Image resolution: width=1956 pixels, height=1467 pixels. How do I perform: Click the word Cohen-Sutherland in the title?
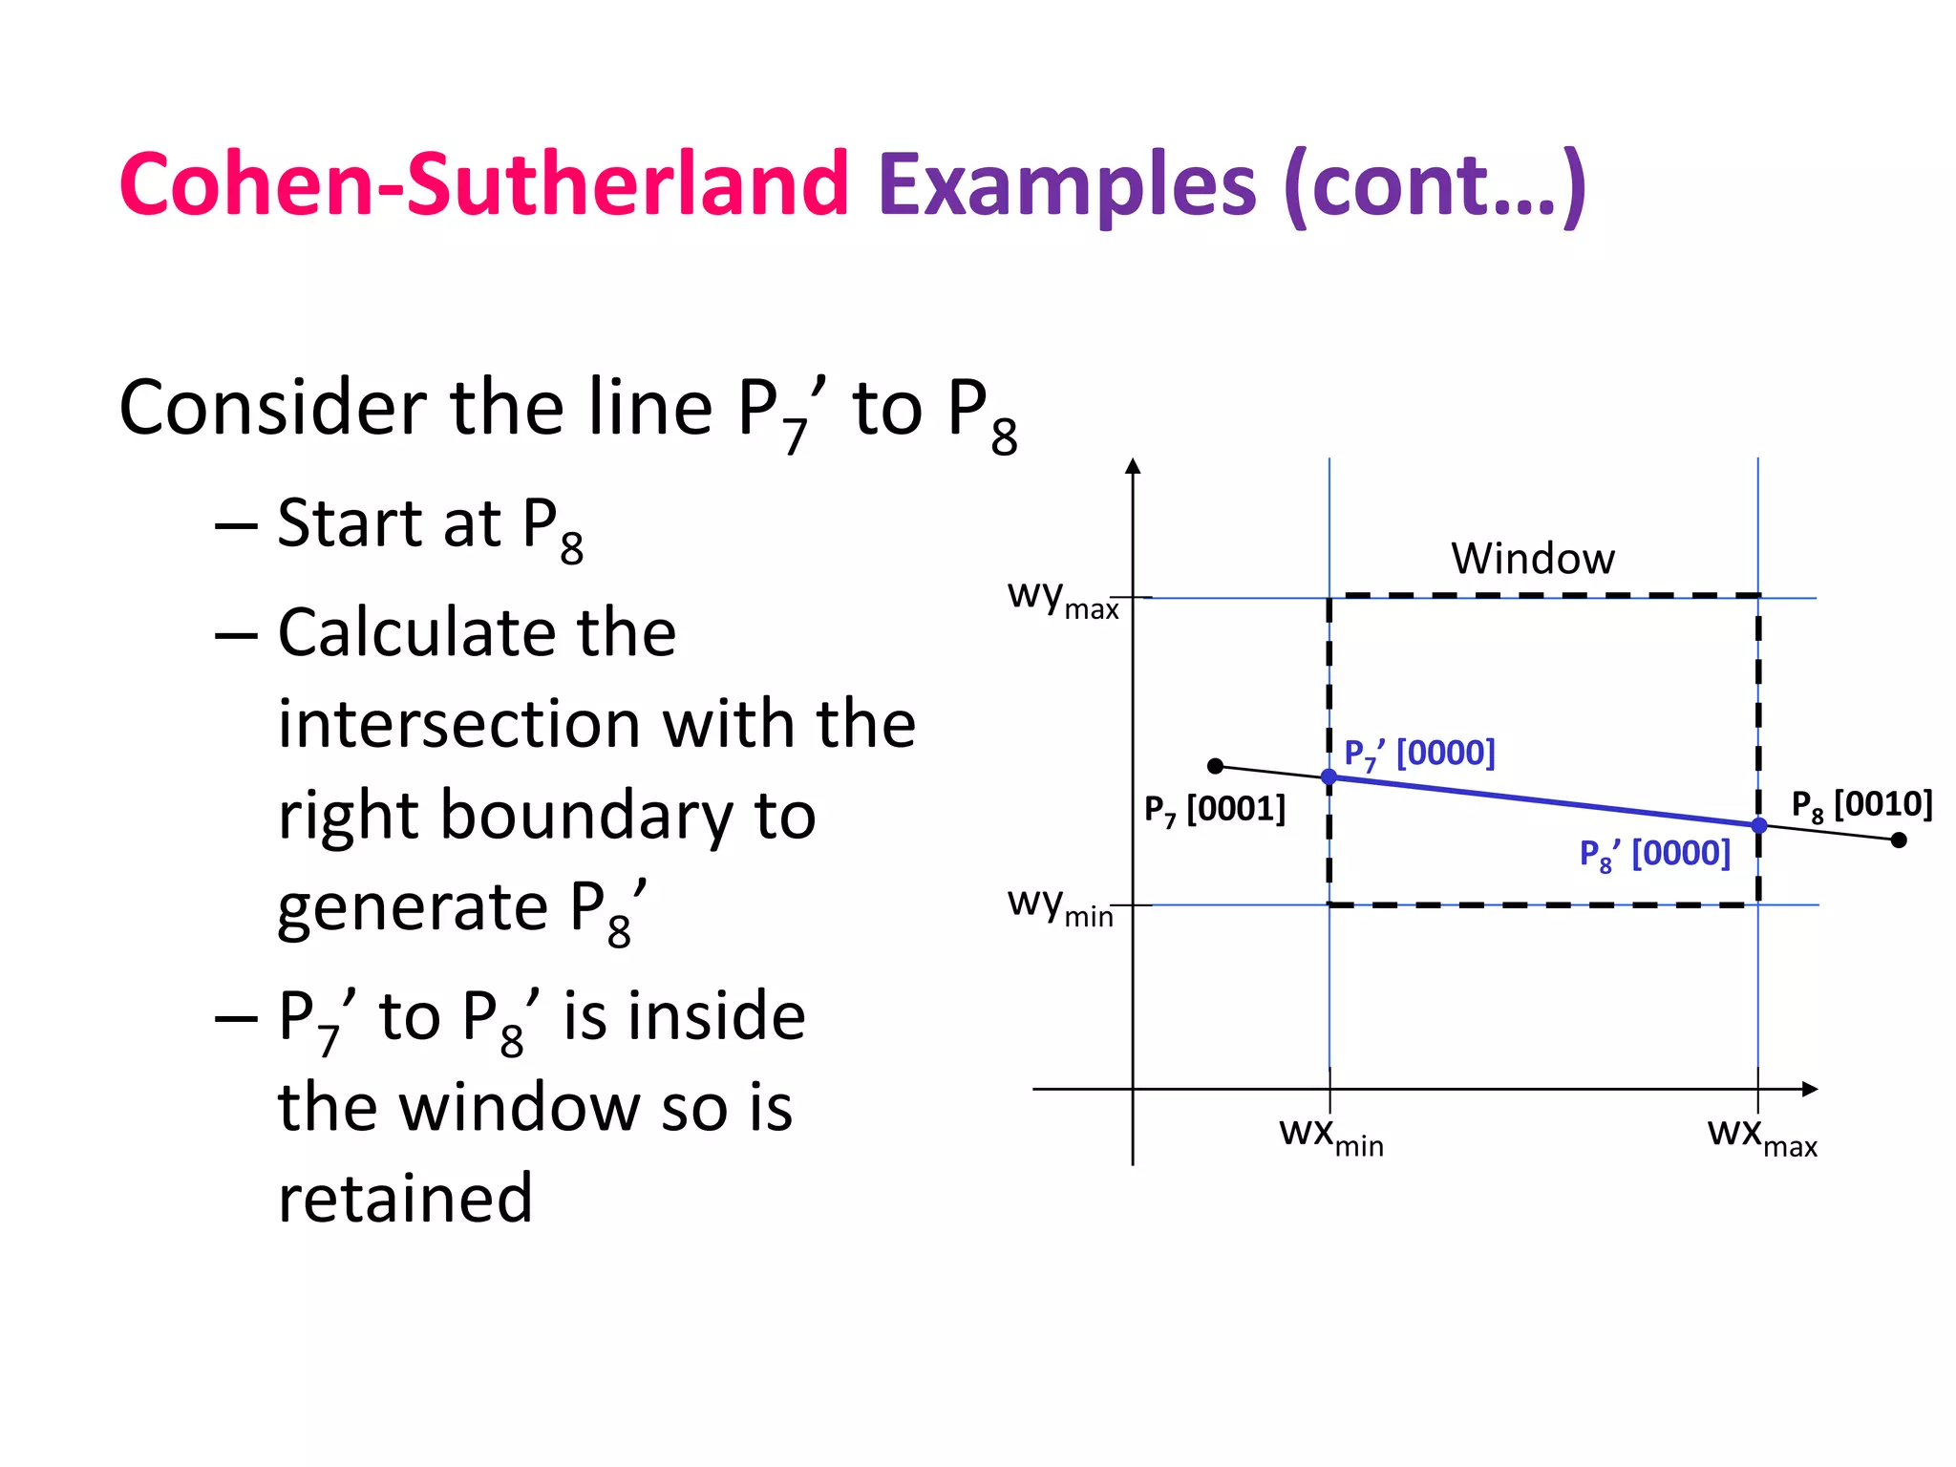[483, 183]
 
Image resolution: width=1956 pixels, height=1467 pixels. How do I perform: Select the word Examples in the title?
[1067, 185]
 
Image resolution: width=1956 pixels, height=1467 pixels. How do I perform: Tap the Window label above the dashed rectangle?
[1533, 559]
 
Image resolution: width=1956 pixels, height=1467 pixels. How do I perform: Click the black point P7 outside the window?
[1215, 766]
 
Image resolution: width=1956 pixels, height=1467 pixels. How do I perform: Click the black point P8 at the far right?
[1899, 840]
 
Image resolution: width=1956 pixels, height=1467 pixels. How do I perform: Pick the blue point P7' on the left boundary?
[1329, 776]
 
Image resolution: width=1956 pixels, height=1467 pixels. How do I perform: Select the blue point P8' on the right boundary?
[1758, 825]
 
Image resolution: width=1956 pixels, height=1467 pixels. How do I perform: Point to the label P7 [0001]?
[1214, 810]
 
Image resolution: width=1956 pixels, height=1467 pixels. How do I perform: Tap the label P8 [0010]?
[1860, 805]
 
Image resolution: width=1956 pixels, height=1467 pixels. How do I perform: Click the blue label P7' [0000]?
[1419, 754]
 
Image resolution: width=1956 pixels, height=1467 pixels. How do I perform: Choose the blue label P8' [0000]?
[1654, 854]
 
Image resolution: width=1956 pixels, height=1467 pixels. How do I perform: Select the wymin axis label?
[1060, 905]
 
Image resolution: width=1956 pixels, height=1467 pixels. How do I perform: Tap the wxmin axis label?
[1331, 1136]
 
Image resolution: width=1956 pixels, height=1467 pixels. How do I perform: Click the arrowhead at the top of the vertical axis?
[1133, 466]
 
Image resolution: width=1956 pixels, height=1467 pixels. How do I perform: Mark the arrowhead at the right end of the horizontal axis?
[1809, 1089]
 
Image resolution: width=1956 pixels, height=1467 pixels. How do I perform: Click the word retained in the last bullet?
[405, 1198]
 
